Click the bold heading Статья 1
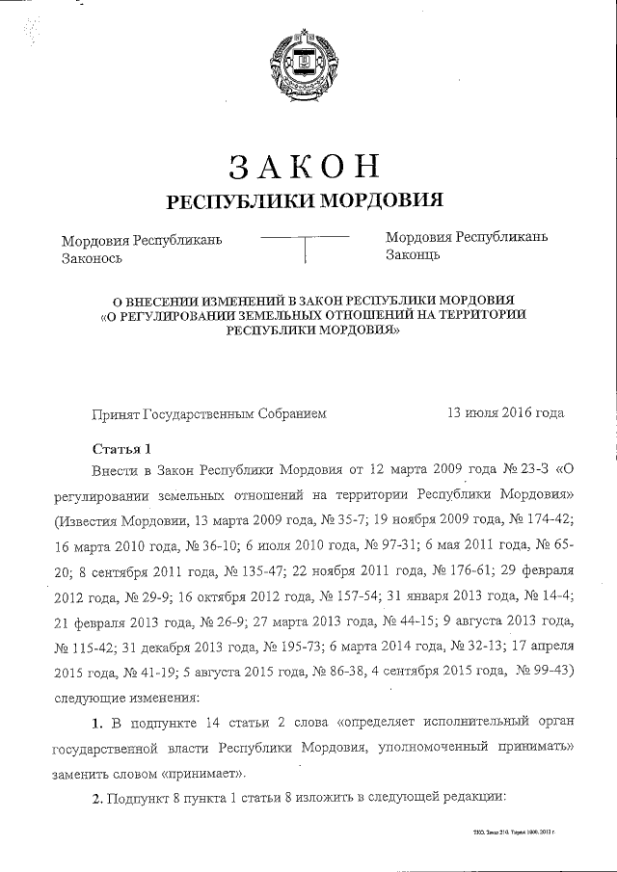(121, 450)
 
